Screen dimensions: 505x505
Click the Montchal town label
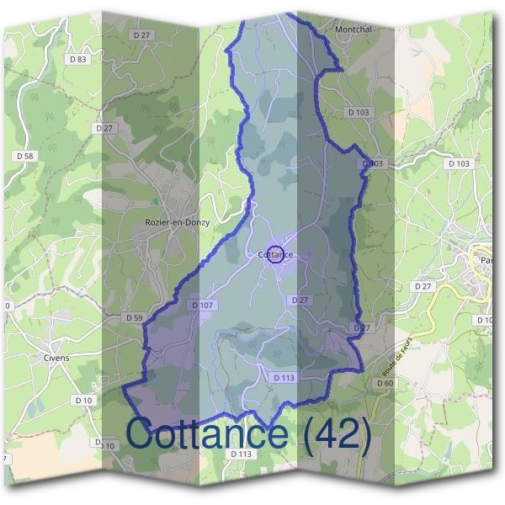tap(353, 29)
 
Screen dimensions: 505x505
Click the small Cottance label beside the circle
tap(274, 253)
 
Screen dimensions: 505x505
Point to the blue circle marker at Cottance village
tap(274, 253)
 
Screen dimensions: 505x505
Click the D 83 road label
tap(78, 59)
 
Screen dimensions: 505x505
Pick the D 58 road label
tap(24, 156)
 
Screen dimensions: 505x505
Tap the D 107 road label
tap(201, 305)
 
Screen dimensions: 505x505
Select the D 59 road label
tap(135, 317)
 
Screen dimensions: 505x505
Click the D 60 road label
tap(385, 383)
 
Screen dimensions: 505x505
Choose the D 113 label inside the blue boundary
tap(284, 378)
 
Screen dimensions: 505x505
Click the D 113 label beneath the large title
tap(241, 454)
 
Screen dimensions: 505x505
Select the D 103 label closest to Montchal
tap(358, 112)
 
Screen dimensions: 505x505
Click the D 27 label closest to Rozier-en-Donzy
tap(105, 128)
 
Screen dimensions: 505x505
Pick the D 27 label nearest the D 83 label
tap(141, 34)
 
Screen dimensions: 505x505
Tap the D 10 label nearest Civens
tap(82, 400)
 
